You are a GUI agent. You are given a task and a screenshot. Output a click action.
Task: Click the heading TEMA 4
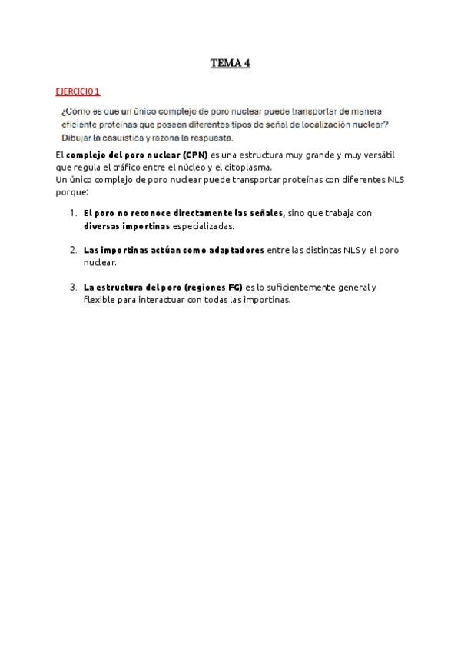[230, 64]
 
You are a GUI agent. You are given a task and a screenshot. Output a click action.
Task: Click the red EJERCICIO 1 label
[78, 92]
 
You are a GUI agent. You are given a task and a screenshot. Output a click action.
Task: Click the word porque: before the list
[73, 191]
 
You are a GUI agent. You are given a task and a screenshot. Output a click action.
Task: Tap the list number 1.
[72, 213]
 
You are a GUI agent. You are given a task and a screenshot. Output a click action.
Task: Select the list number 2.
[72, 250]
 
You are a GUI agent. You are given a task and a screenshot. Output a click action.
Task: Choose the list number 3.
[72, 288]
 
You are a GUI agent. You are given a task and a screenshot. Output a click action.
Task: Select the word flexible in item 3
[99, 300]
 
